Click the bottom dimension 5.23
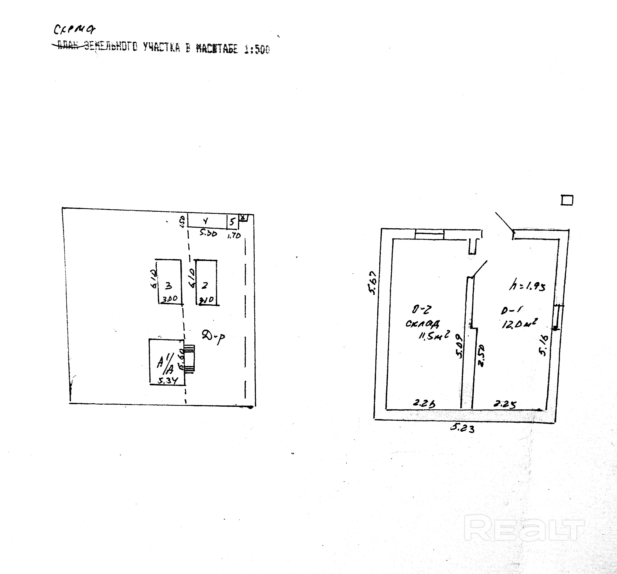point(462,429)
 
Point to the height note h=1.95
point(527,286)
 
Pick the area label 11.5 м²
point(434,335)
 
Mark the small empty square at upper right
point(567,200)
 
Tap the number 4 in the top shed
point(205,221)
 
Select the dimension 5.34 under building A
point(167,380)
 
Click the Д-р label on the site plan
point(213,337)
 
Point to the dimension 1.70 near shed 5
point(234,236)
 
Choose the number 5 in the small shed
point(232,222)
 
